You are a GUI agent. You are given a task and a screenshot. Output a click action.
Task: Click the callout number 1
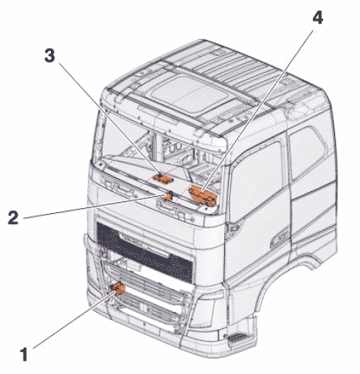pos(24,354)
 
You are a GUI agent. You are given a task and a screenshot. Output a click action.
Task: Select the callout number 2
pos(13,217)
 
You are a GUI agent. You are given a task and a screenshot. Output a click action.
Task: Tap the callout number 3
pos(50,55)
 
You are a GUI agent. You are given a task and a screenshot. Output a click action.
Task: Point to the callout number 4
pos(317,17)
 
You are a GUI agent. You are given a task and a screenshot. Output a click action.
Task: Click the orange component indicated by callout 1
pos(117,288)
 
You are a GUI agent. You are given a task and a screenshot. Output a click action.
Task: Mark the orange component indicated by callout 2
pos(168,196)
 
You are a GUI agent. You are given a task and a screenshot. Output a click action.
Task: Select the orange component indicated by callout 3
pos(162,179)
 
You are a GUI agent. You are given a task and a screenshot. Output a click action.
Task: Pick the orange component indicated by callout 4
pos(203,195)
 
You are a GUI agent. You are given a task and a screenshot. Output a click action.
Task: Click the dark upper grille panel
pos(145,252)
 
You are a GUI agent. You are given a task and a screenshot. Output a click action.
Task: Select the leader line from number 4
pos(258,110)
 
